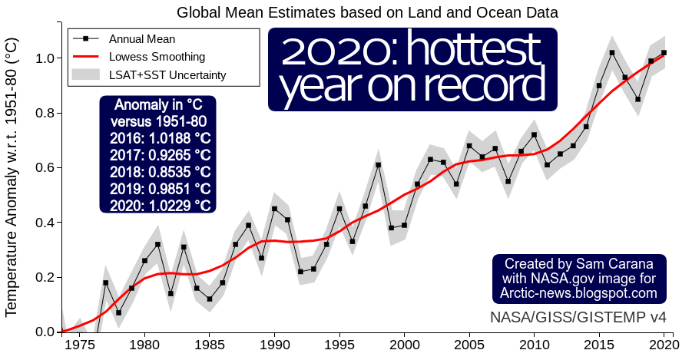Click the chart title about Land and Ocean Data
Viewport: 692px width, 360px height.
(x=367, y=12)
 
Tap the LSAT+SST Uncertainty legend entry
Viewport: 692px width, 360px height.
(x=167, y=74)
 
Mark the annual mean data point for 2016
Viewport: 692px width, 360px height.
(x=612, y=53)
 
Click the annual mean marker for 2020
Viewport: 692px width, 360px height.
(x=664, y=53)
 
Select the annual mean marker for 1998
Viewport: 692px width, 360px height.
(x=378, y=165)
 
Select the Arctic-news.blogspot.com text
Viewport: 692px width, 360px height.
(x=578, y=293)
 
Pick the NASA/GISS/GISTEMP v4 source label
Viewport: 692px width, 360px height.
(x=578, y=317)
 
